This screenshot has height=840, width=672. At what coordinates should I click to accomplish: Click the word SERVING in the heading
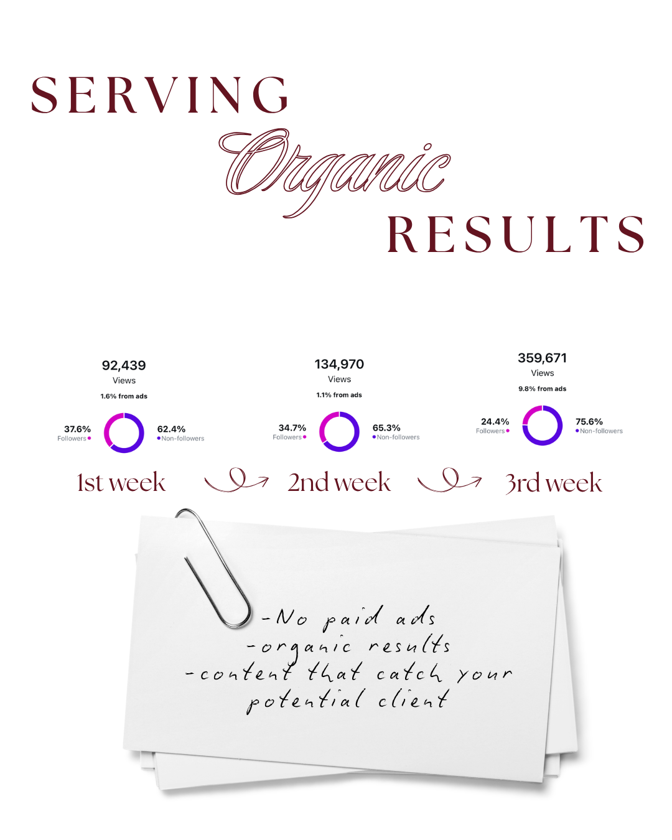click(159, 95)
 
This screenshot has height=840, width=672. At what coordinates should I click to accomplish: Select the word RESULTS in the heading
click(515, 234)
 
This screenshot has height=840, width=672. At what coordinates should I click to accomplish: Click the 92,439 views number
click(124, 365)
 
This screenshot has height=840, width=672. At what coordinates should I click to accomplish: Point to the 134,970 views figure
click(339, 364)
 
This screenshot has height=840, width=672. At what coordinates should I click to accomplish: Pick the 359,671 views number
click(542, 358)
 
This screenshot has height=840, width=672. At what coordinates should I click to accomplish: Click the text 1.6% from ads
click(124, 396)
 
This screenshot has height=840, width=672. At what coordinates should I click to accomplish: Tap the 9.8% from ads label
click(542, 389)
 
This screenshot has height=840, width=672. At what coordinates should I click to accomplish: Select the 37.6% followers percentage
click(77, 429)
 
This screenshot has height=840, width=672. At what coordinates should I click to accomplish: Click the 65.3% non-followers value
click(386, 428)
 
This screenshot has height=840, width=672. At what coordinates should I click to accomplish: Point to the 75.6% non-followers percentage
click(589, 422)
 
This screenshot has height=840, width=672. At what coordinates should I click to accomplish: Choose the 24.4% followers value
click(495, 422)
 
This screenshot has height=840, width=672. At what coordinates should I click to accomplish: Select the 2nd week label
click(339, 482)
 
